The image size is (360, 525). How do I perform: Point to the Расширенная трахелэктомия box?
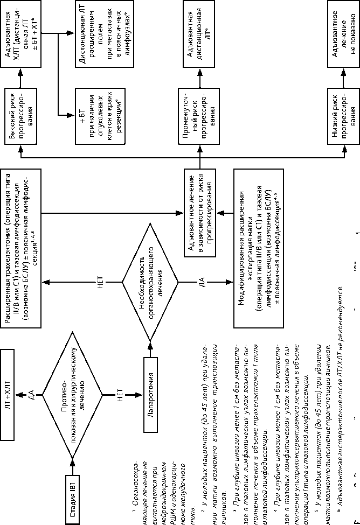click(24, 245)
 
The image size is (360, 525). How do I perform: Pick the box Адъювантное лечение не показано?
click(345, 37)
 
